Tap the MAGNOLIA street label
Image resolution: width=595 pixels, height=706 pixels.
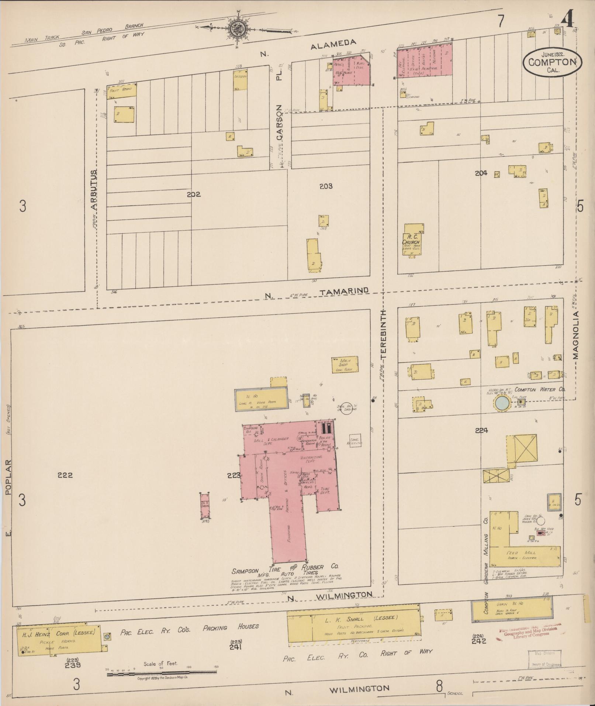576,335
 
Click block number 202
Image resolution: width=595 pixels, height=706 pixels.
193,194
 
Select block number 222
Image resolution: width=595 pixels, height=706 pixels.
65,475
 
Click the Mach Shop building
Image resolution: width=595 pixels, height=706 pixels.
345,364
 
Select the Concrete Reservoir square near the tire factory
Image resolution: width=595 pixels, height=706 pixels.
356,441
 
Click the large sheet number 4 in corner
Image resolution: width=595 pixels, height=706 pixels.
566,19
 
